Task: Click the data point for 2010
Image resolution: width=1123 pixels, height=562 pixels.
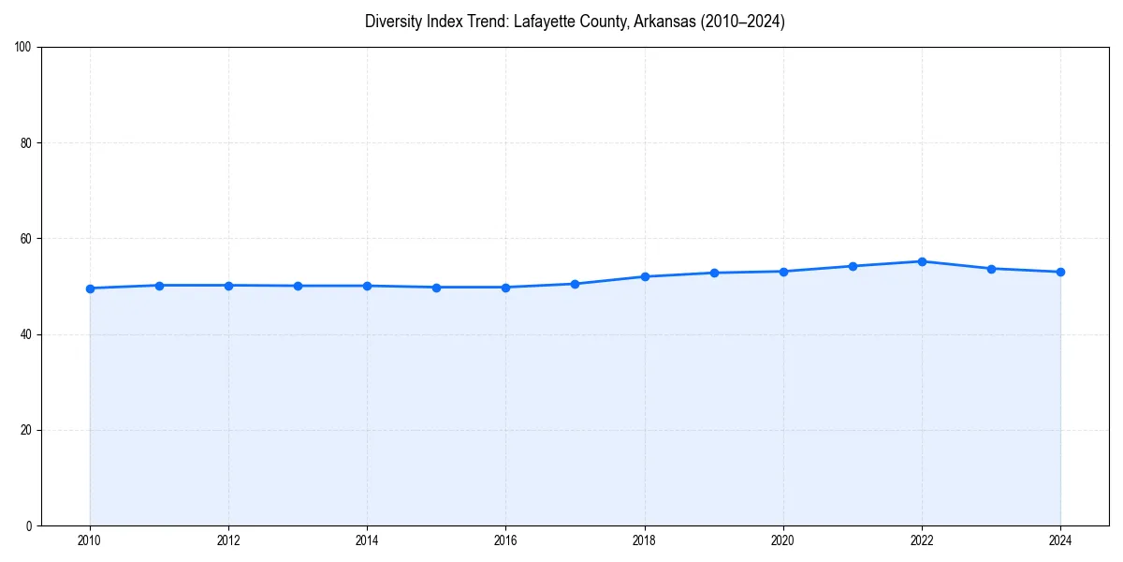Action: click(x=90, y=288)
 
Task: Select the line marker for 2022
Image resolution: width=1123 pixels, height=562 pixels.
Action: click(x=922, y=261)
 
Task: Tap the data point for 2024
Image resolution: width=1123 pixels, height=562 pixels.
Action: click(x=1060, y=272)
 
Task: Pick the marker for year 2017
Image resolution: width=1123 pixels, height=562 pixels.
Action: click(x=575, y=284)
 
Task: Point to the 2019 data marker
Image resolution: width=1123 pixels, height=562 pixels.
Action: click(x=714, y=273)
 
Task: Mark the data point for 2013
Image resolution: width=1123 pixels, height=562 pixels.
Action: click(x=298, y=286)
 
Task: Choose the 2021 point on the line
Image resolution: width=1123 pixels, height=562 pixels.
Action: click(x=853, y=266)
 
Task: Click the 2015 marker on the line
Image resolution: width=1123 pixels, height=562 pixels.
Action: click(x=436, y=288)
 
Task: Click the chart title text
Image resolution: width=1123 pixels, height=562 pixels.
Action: click(x=575, y=22)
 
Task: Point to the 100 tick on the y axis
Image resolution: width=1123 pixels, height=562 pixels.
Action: click(x=23, y=47)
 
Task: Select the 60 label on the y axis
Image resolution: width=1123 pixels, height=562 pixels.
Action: click(x=26, y=239)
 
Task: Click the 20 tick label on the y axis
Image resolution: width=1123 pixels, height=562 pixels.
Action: click(x=26, y=430)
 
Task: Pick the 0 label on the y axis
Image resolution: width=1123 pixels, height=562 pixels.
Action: click(x=29, y=525)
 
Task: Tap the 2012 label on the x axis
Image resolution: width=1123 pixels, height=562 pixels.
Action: click(x=228, y=540)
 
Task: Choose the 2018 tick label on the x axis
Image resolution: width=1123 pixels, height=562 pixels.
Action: click(x=644, y=540)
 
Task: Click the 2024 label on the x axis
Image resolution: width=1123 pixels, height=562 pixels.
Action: click(x=1060, y=540)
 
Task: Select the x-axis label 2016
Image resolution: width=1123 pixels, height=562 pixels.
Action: click(x=505, y=540)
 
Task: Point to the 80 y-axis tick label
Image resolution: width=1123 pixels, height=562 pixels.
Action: click(x=26, y=143)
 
